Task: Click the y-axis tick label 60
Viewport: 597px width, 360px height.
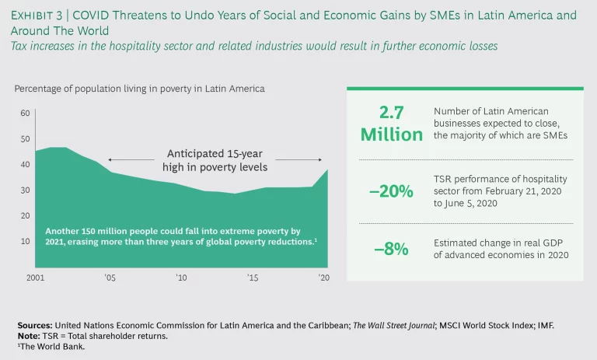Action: (25, 113)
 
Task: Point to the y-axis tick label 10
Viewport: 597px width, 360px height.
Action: (25, 241)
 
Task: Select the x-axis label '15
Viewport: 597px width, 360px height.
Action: (253, 277)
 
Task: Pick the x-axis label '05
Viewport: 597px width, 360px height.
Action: (110, 277)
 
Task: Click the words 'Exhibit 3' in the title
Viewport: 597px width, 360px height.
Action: (41, 16)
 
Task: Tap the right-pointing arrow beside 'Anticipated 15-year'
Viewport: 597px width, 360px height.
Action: (298, 159)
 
